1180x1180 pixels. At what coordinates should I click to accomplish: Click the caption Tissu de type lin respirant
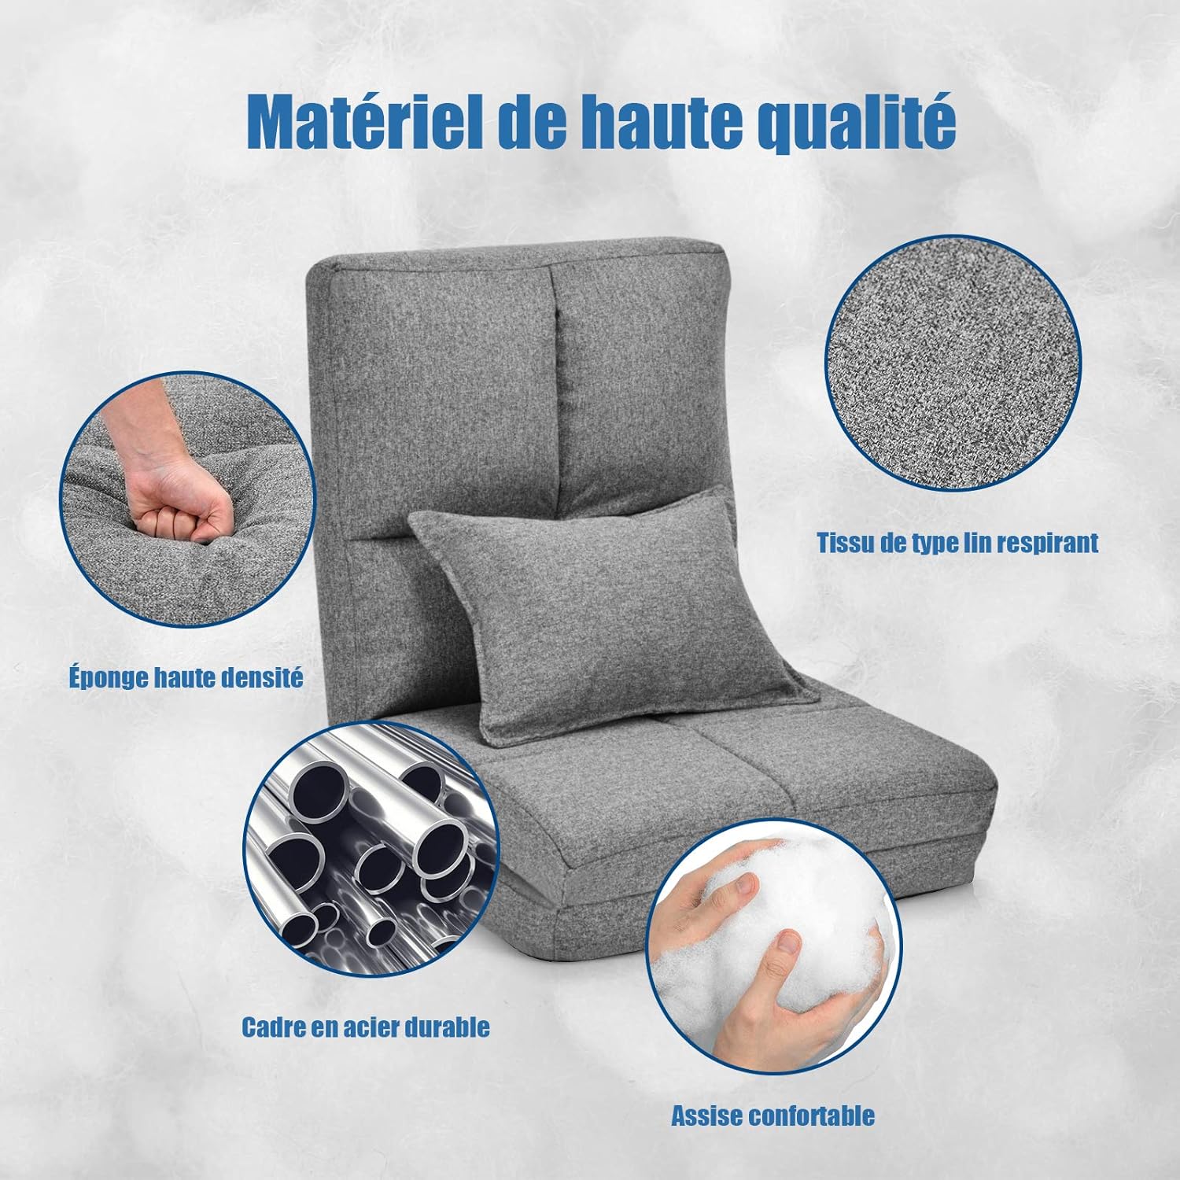957,542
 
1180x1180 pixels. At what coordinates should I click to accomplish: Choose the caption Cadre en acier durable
366,1026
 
